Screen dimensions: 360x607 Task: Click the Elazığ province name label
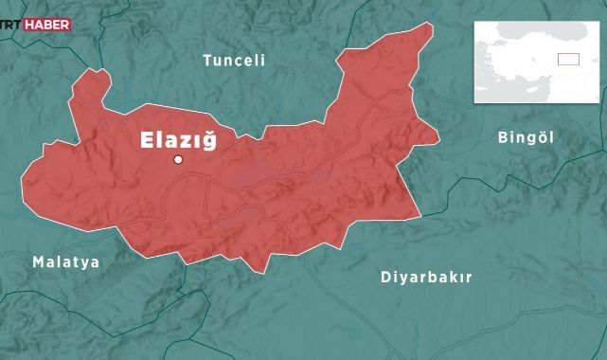pyautogui.click(x=178, y=140)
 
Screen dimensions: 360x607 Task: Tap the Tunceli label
pyautogui.click(x=234, y=61)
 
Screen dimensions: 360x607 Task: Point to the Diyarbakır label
pyautogui.click(x=425, y=278)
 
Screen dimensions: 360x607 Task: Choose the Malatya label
pyautogui.click(x=65, y=261)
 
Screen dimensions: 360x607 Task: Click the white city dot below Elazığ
pyautogui.click(x=177, y=159)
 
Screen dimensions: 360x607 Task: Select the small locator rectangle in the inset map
pyautogui.click(x=567, y=59)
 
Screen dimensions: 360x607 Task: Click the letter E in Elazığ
pyautogui.click(x=147, y=140)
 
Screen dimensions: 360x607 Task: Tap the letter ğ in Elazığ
pyautogui.click(x=208, y=142)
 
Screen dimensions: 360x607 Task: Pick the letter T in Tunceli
pyautogui.click(x=207, y=61)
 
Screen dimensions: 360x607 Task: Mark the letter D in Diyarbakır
pyautogui.click(x=385, y=278)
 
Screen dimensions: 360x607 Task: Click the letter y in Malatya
pyautogui.click(x=84, y=263)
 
